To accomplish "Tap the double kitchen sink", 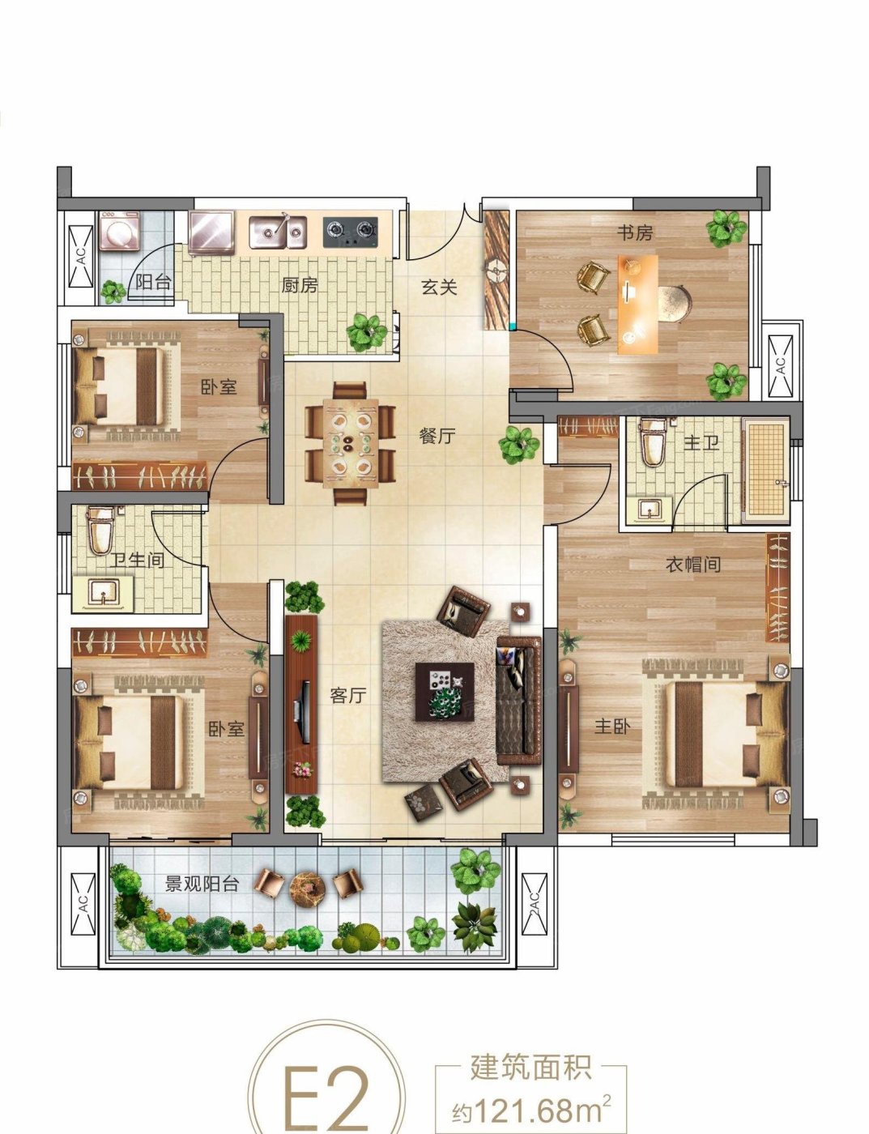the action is click(x=277, y=232).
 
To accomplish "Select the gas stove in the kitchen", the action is click(x=350, y=232).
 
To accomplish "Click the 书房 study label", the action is click(x=635, y=232).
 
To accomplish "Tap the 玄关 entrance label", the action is click(x=439, y=287).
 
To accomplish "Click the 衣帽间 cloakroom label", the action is click(x=693, y=564).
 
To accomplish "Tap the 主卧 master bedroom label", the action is click(x=612, y=726).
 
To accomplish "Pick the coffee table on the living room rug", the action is click(x=445, y=692).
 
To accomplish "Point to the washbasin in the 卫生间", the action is click(x=104, y=594).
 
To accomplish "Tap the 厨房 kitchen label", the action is click(x=300, y=285).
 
